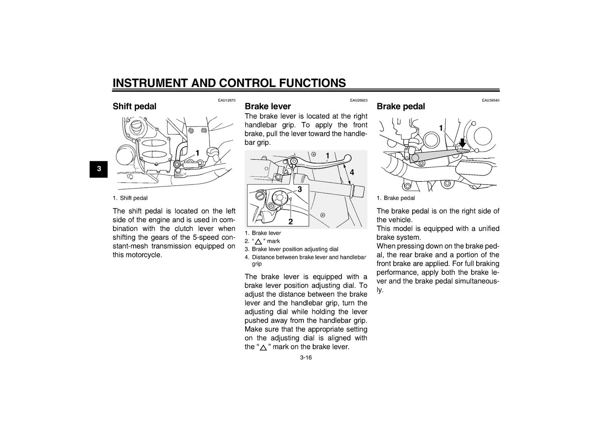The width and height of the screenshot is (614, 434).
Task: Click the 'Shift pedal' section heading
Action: (x=134, y=106)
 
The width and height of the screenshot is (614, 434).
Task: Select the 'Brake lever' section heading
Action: (x=268, y=106)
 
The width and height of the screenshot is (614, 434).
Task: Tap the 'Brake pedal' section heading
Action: (x=401, y=106)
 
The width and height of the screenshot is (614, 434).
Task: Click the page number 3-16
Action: (x=306, y=358)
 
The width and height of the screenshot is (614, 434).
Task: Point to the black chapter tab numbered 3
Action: (x=99, y=169)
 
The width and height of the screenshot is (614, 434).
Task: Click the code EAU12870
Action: (x=227, y=100)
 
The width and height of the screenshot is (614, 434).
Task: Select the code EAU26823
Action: (x=358, y=100)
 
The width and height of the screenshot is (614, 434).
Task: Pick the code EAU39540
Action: (x=491, y=100)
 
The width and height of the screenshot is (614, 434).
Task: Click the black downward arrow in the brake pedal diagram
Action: (x=462, y=143)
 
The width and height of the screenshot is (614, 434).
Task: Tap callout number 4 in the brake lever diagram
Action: (x=352, y=172)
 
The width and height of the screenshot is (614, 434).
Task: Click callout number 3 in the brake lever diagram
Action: (x=300, y=189)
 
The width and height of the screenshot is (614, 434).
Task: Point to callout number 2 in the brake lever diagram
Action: (x=290, y=221)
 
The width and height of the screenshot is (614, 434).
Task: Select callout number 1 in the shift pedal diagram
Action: (x=197, y=153)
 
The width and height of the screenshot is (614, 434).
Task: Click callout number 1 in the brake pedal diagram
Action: (x=441, y=128)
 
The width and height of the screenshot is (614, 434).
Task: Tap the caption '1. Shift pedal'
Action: (x=130, y=198)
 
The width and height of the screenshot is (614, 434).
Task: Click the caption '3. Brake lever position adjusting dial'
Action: (x=291, y=249)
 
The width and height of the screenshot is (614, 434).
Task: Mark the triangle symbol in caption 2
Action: (x=258, y=241)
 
